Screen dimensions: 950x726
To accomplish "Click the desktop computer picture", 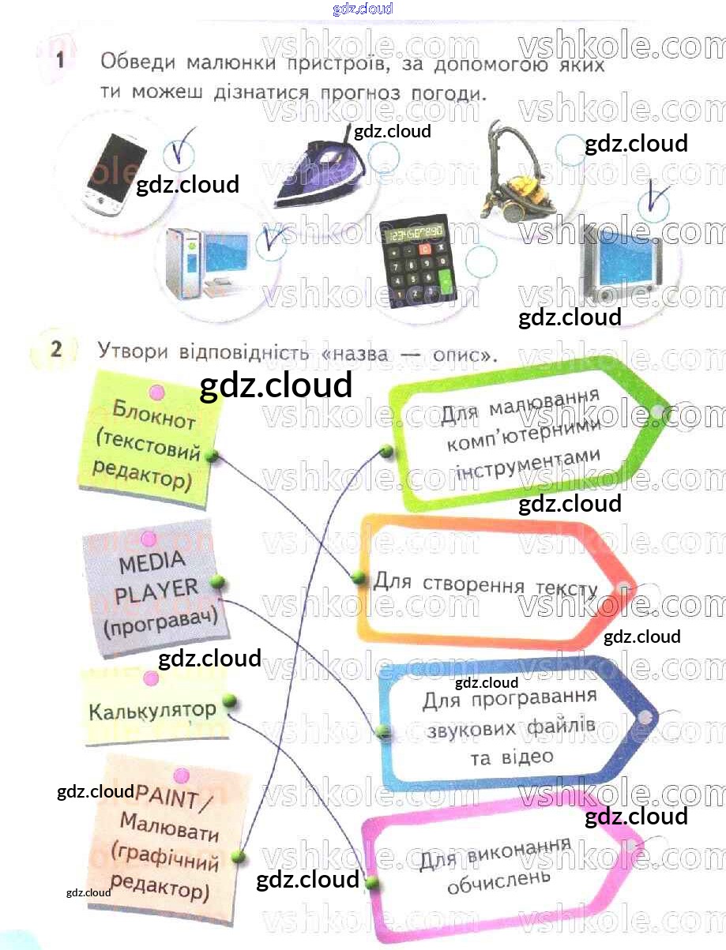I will (x=207, y=261).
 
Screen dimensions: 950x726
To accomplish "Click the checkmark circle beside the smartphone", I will (x=181, y=150).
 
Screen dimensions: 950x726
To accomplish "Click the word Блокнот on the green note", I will (x=154, y=414).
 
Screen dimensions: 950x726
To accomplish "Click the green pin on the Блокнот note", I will (x=211, y=456).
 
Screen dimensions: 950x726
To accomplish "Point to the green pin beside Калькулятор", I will (x=230, y=700).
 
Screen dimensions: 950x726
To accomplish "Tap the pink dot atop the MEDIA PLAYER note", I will (x=148, y=539).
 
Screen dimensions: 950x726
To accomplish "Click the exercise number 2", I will (x=55, y=350).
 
